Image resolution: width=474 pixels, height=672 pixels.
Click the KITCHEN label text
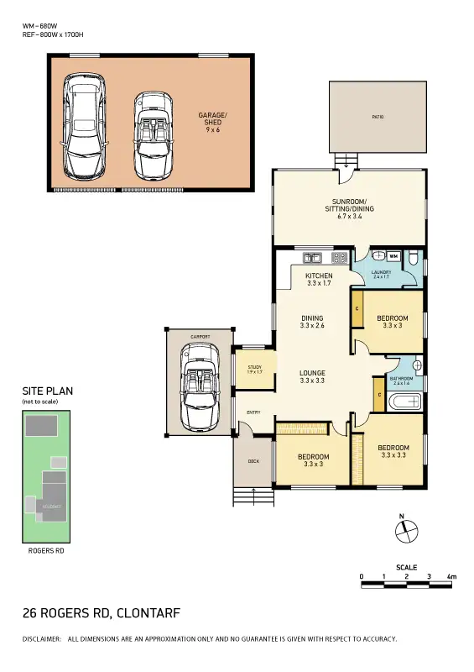click(319, 276)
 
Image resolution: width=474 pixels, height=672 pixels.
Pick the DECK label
click(253, 461)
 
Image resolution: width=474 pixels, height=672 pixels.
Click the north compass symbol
click(404, 529)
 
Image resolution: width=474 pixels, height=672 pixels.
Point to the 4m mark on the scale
click(451, 577)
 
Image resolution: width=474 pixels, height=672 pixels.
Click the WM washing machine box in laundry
click(393, 256)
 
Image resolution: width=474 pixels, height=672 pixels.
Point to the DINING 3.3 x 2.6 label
click(312, 322)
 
